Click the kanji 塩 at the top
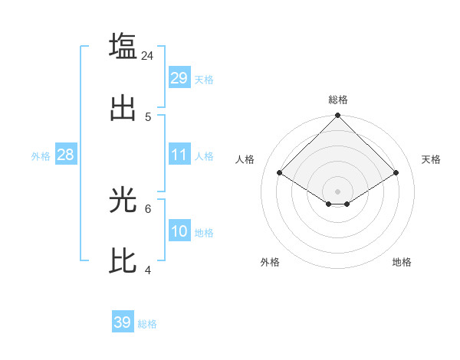123,45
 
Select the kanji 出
123,109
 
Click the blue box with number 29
179,78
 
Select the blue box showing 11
179,155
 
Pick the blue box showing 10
179,231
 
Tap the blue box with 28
65,155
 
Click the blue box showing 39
122,322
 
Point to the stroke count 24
148,55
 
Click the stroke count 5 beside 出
148,117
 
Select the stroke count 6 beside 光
148,208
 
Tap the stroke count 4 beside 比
148,270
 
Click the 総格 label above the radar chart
338,100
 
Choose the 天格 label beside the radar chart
432,159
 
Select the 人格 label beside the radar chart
245,159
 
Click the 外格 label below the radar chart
270,262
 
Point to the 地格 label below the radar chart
402,262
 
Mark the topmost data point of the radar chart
338,116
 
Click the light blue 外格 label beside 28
41,155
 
